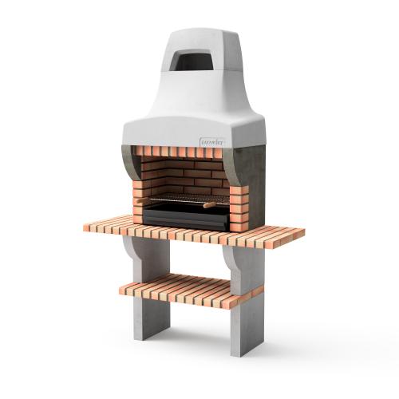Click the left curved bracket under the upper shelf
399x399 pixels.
[x=130, y=247]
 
